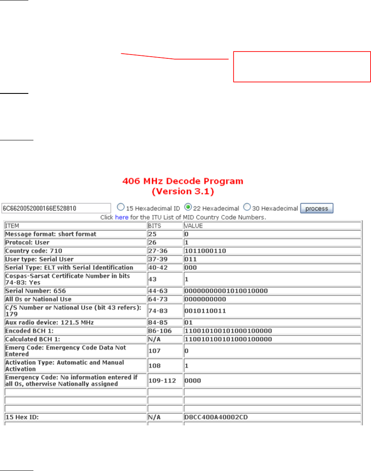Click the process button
click(317, 208)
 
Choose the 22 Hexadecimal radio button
click(188, 208)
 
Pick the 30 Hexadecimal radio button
click(247, 208)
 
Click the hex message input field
click(56, 208)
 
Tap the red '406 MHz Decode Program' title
click(182, 181)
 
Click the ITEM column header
click(13, 226)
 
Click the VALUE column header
click(194, 226)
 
